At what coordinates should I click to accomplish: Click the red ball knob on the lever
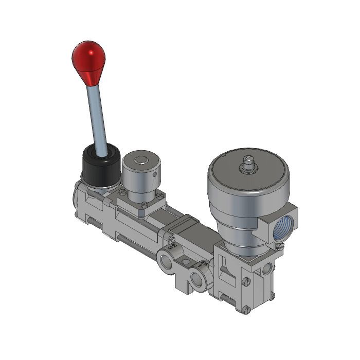(88, 58)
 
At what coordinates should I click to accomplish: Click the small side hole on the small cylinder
(155, 176)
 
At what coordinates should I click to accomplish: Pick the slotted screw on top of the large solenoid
(248, 165)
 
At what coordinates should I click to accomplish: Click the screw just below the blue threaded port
(280, 246)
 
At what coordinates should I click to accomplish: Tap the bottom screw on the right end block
(246, 310)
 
